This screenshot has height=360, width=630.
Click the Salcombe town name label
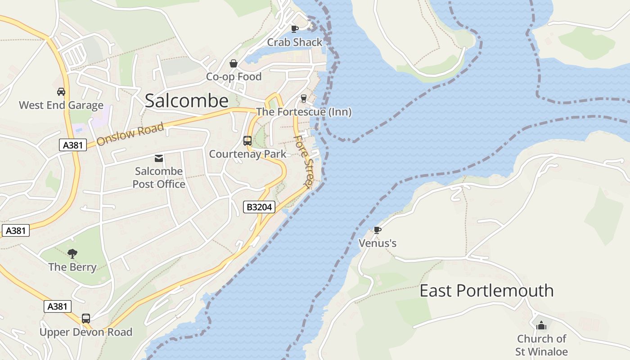(x=186, y=101)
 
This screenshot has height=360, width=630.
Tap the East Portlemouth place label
(x=486, y=291)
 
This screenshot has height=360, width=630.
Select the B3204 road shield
(x=259, y=207)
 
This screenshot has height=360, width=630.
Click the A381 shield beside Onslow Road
(x=72, y=145)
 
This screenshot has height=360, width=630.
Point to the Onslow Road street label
(x=130, y=134)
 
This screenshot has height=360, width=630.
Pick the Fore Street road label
(x=303, y=161)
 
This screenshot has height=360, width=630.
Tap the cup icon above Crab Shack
(x=295, y=29)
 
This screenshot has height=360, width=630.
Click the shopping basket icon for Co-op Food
(x=234, y=63)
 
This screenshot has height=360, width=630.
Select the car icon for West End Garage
(x=61, y=92)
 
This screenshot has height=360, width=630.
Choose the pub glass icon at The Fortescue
(x=304, y=98)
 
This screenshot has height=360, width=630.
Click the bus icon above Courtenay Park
(x=247, y=141)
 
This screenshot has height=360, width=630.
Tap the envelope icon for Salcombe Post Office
(x=159, y=158)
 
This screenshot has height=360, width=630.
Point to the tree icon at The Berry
(x=72, y=254)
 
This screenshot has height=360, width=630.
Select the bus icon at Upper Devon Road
(x=86, y=319)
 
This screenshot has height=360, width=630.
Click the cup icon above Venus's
(x=377, y=230)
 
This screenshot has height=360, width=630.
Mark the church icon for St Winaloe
(x=541, y=325)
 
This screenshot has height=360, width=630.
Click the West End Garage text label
(x=61, y=105)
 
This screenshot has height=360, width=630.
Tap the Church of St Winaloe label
(x=541, y=345)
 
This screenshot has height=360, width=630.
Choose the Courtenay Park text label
(x=247, y=154)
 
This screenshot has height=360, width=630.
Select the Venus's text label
(x=377, y=243)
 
